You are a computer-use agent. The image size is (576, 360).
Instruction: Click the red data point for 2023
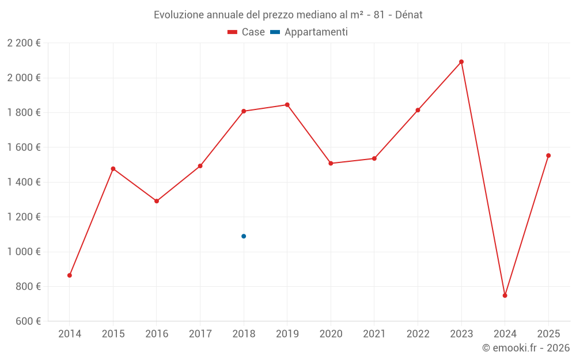(x=461, y=62)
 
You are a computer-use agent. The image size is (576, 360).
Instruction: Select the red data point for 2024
(x=505, y=295)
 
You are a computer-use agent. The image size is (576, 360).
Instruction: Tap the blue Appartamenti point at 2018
(x=244, y=236)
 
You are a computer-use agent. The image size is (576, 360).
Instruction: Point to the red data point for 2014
(x=70, y=275)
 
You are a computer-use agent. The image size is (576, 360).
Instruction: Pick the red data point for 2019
(x=287, y=105)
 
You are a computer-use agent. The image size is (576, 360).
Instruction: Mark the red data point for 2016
(x=157, y=201)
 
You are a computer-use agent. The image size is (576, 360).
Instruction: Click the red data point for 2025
(x=548, y=156)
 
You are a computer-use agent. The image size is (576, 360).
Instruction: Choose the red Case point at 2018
(x=244, y=111)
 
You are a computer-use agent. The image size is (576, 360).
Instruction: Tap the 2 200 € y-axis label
(x=24, y=43)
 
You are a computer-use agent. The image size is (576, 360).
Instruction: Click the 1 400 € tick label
(x=24, y=182)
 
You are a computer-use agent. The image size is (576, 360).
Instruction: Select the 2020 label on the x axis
(x=331, y=334)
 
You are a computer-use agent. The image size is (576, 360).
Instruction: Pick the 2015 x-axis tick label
(x=113, y=334)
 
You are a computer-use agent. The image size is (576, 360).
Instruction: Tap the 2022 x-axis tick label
(x=418, y=334)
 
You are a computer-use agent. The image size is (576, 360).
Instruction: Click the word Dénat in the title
(x=408, y=15)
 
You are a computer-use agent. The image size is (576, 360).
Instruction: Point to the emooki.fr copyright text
(x=525, y=348)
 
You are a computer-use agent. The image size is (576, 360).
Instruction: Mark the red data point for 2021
(x=374, y=158)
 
